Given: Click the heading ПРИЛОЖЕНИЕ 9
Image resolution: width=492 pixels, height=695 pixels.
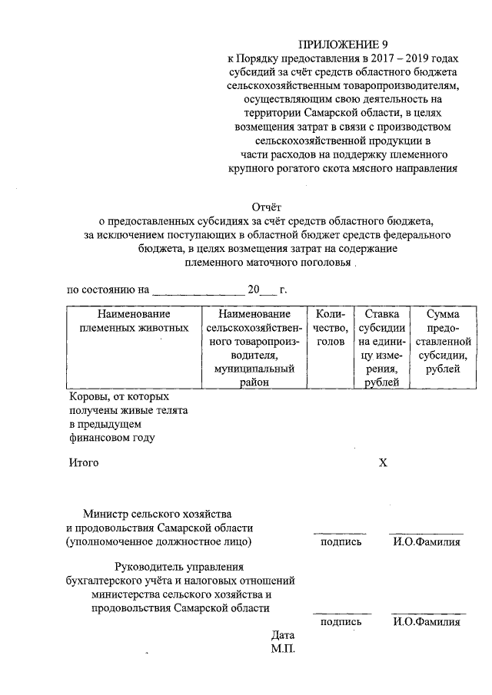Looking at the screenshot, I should [x=342, y=45].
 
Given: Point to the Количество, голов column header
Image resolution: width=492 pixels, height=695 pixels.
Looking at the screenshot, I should [x=331, y=327].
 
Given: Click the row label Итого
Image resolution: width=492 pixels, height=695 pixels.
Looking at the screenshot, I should [x=84, y=463].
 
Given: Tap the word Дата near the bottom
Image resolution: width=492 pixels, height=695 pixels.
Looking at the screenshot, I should [x=283, y=635].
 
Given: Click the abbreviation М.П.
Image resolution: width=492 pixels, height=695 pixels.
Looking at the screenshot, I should [x=283, y=649].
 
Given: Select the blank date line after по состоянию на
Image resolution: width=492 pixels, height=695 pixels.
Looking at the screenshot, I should [x=198, y=292].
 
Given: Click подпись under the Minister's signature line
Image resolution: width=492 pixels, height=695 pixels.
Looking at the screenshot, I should [x=340, y=542].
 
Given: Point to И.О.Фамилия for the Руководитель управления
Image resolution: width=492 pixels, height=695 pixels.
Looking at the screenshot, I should [x=426, y=622].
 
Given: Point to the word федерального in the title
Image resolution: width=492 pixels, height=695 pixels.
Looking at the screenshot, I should [x=417, y=233].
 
